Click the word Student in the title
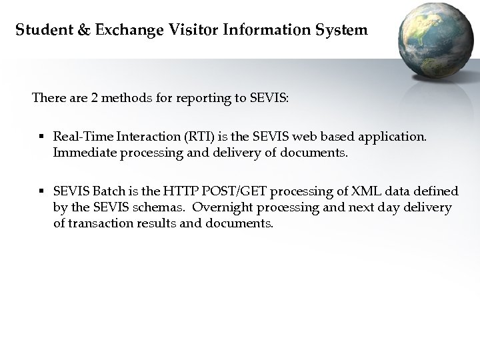pyautogui.click(x=38, y=30)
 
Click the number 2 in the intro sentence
pyautogui.click(x=95, y=98)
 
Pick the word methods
pyautogui.click(x=127, y=98)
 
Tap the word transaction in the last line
pyautogui.click(x=99, y=223)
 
